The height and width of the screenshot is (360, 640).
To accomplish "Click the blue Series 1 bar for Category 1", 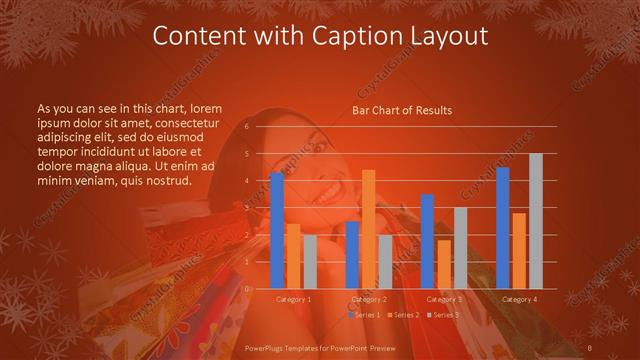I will coord(277,231).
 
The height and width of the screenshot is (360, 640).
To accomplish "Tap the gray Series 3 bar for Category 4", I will coord(536,221).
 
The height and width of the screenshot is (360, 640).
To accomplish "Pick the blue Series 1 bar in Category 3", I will coord(427,241).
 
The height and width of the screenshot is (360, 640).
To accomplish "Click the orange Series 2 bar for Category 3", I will coord(444,264).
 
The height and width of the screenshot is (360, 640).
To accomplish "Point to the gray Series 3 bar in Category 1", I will coord(310,262).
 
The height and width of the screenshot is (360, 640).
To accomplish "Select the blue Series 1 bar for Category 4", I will coord(503,228).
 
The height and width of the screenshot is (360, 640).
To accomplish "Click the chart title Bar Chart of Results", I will coord(402,110).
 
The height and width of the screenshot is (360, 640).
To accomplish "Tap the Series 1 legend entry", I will coord(365,315).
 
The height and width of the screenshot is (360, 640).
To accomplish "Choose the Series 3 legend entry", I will coord(443,315).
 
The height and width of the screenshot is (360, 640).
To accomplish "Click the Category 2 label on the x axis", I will coord(369,299).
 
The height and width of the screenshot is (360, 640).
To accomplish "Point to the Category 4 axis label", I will coord(519,299).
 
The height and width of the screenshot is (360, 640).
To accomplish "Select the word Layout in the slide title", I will coord(452,38).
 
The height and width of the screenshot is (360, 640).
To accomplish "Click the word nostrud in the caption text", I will coord(167,180).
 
